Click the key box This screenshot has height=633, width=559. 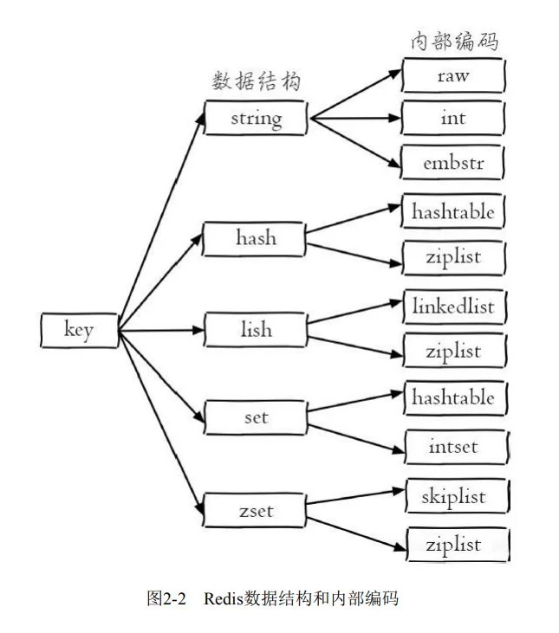click(80, 330)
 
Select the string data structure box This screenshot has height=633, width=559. click(256, 118)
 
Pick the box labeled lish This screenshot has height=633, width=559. click(256, 330)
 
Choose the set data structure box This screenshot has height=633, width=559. click(256, 417)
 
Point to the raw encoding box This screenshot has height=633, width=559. click(452, 75)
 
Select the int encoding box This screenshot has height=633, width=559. click(452, 118)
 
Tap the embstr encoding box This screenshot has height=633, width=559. click(452, 163)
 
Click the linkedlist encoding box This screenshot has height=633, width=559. click(453, 305)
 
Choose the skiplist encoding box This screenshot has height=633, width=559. click(454, 497)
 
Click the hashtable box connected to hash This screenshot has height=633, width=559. click(453, 211)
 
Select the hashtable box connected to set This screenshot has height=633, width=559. click(453, 397)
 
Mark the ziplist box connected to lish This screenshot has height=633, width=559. click(453, 352)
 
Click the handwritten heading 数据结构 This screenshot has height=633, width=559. click(257, 81)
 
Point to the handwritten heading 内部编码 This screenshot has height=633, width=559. click(454, 40)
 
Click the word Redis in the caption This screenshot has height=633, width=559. click(224, 598)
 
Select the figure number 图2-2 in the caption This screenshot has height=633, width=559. click(168, 598)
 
